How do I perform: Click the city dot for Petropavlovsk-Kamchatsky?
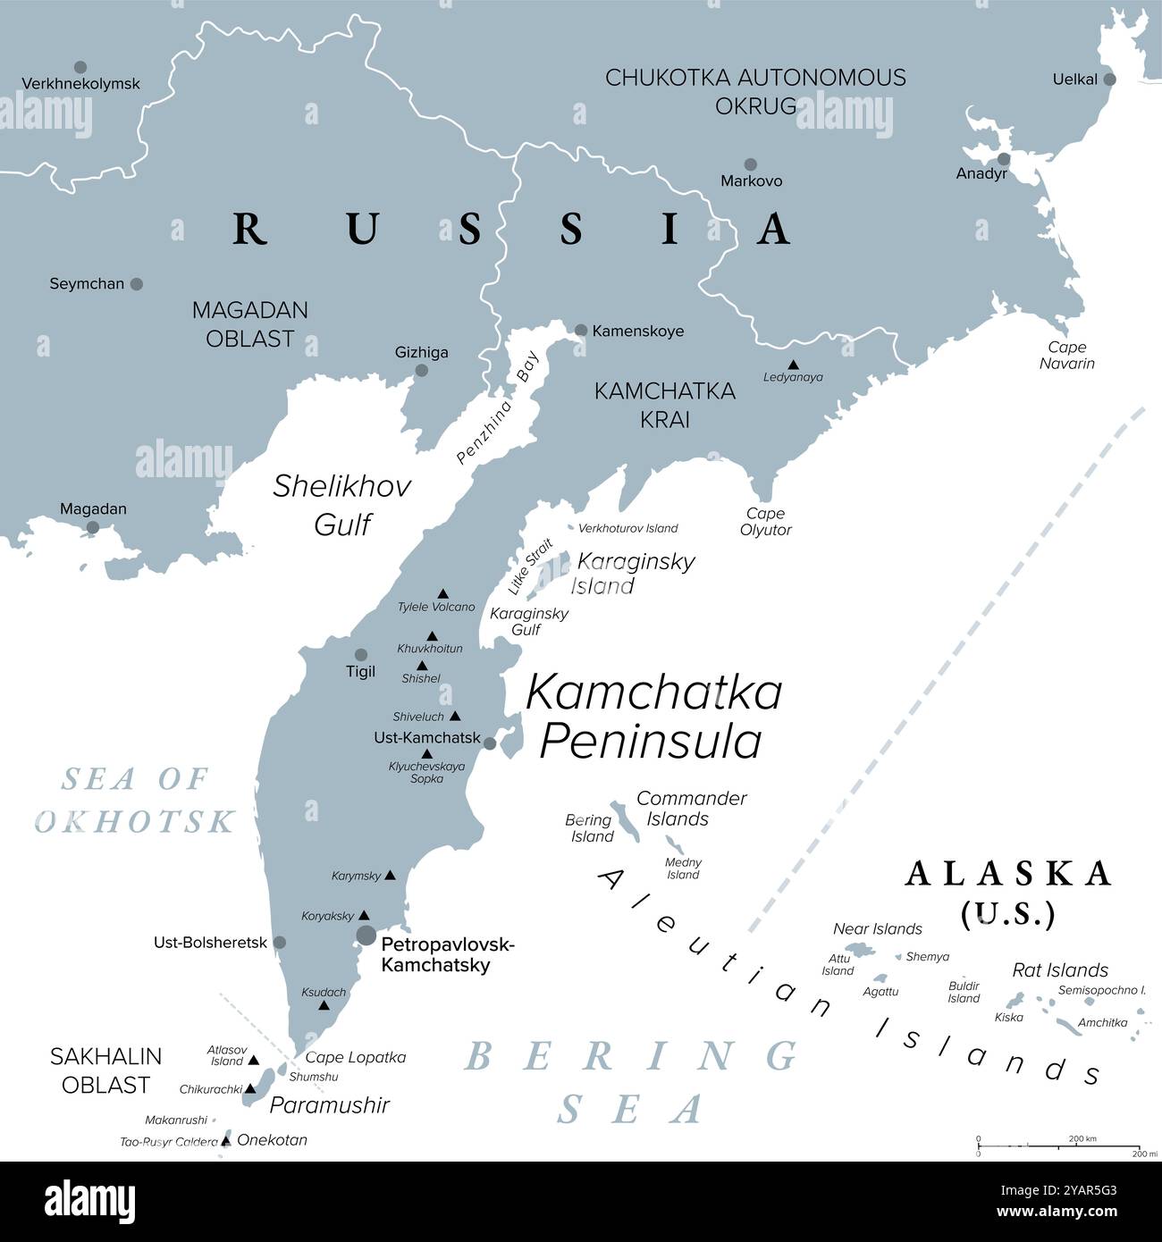click(x=366, y=936)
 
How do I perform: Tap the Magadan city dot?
click(x=92, y=527)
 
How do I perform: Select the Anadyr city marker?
click(x=1004, y=159)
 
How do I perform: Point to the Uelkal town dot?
click(x=1110, y=80)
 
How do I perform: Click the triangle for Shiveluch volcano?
click(x=455, y=716)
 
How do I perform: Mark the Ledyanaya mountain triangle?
click(x=793, y=365)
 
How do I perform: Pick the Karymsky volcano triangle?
click(x=390, y=876)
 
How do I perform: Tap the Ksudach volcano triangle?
click(x=324, y=1006)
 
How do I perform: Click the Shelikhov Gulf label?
click(x=341, y=505)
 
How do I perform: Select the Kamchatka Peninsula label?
click(x=653, y=717)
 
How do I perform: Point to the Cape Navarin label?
click(x=1066, y=356)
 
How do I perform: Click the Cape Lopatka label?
click(x=356, y=1057)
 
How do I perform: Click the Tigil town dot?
click(x=361, y=655)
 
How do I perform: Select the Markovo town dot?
click(x=751, y=164)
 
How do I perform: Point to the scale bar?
click(x=1058, y=1145)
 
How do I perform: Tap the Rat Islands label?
click(x=1059, y=969)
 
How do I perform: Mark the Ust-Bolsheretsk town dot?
click(x=280, y=943)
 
